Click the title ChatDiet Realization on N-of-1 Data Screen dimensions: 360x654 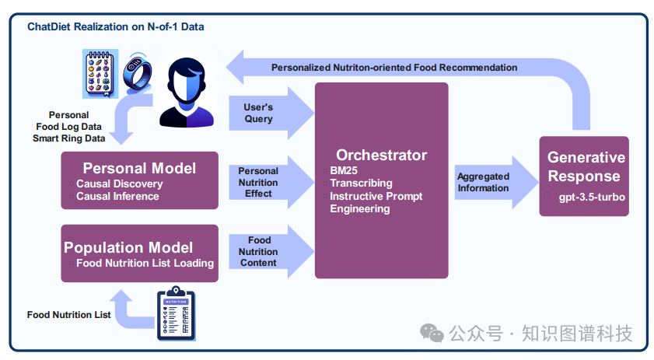[x=116, y=26]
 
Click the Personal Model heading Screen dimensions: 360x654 [x=139, y=168]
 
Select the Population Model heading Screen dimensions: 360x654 [x=128, y=248]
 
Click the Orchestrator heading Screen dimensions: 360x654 [x=381, y=155]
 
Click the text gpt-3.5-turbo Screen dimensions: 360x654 [x=592, y=197]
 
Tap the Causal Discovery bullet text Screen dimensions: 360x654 [x=120, y=183]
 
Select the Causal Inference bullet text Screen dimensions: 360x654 [x=117, y=196]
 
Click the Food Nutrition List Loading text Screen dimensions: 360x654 [x=145, y=263]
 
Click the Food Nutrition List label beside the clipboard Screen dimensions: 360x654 [x=68, y=315]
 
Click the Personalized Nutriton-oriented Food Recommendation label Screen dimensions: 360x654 [x=394, y=68]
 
